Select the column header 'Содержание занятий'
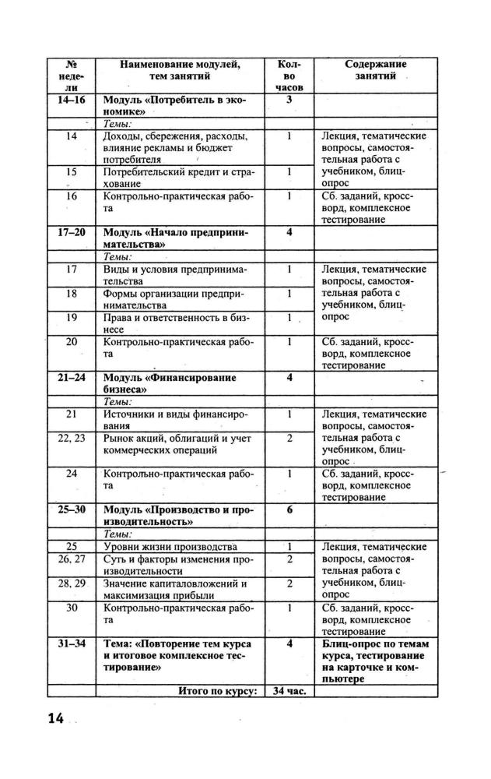(x=376, y=70)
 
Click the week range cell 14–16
(x=72, y=100)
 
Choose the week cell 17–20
(x=72, y=232)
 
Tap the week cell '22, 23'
(x=72, y=439)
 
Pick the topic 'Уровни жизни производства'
(x=170, y=546)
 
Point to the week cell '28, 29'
(x=72, y=583)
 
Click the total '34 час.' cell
(x=289, y=690)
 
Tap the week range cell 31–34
(x=72, y=643)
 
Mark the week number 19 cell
(x=72, y=317)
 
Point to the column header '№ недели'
(x=72, y=76)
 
